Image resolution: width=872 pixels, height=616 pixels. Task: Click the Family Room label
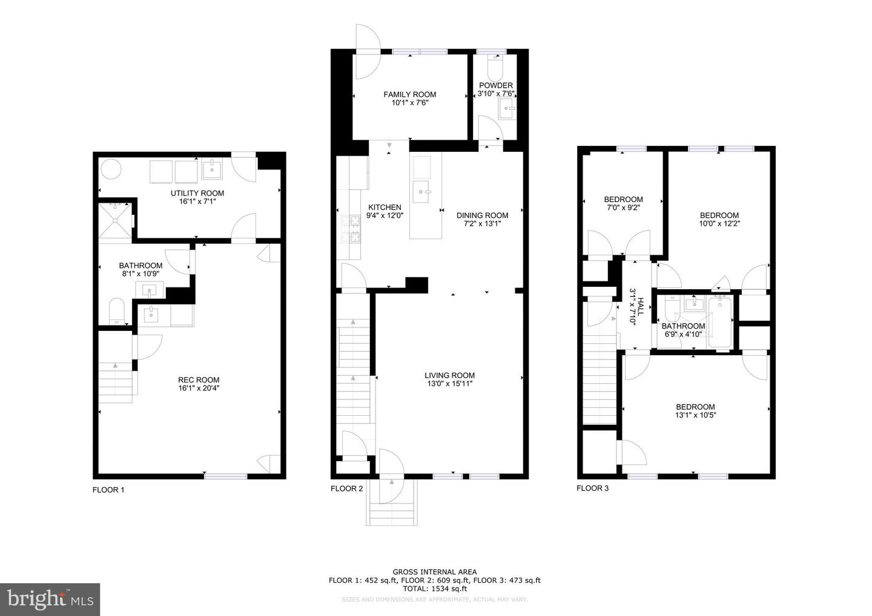pos(410,94)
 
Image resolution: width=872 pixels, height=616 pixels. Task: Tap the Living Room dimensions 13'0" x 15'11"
pos(449,384)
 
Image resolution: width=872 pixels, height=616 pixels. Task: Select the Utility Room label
pos(197,193)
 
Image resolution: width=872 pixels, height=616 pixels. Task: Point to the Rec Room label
pos(199,380)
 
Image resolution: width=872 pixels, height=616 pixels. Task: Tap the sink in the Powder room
pos(506,109)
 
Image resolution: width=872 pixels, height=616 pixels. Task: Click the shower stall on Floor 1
pos(115,222)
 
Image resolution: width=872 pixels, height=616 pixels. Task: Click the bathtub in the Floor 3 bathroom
pos(721,323)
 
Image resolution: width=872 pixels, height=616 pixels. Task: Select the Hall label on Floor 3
pos(634,307)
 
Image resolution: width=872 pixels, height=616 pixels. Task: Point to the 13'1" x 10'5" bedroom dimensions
pos(695,415)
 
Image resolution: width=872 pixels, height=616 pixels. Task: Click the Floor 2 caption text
pos(346,489)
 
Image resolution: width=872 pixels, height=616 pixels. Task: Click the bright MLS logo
pos(50,599)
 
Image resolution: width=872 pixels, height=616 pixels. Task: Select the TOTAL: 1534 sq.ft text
pos(434,588)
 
